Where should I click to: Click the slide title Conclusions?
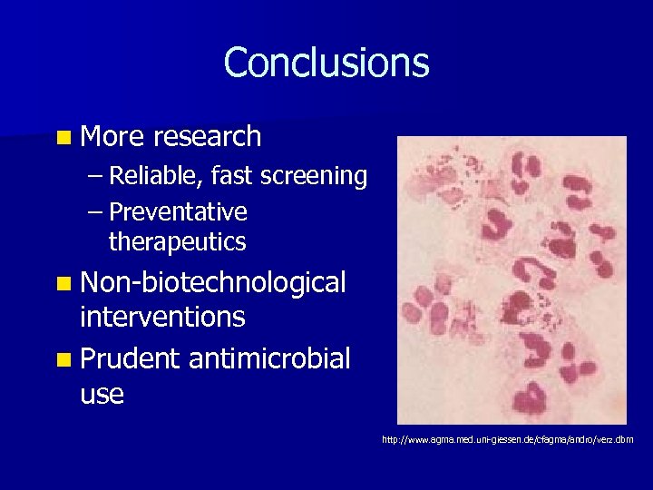[326, 63]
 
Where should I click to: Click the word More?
[113, 137]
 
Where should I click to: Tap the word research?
[208, 137]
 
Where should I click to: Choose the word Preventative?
[178, 212]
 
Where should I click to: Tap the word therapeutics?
[177, 242]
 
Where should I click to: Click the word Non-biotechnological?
[213, 283]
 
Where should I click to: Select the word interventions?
[162, 318]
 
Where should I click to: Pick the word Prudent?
[131, 359]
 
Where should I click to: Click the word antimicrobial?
[269, 359]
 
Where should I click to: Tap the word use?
[102, 394]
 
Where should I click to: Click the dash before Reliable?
[96, 177]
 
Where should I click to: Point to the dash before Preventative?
[96, 213]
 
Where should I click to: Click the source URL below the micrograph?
[508, 440]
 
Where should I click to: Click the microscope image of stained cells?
[512, 280]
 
